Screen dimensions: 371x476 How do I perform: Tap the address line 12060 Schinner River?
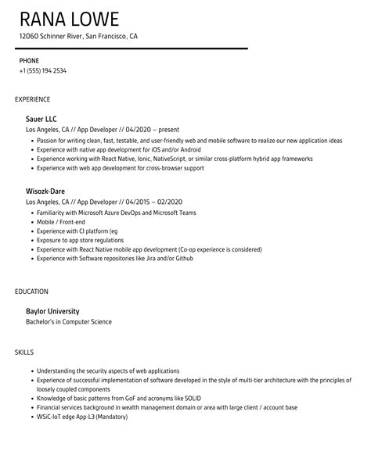click(78, 36)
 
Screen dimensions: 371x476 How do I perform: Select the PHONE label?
click(29, 60)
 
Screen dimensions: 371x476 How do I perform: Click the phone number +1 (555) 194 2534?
click(43, 70)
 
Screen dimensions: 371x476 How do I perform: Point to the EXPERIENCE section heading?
click(33, 99)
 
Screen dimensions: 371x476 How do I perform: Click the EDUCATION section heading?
click(32, 292)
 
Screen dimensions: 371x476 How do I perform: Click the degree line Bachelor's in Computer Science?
click(69, 321)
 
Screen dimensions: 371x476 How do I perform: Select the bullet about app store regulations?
click(81, 241)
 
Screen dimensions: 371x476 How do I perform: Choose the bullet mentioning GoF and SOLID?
click(112, 398)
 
